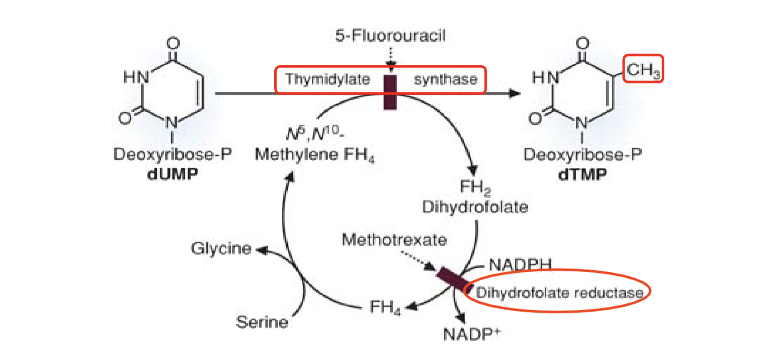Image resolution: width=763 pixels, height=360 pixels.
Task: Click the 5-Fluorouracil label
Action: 390,35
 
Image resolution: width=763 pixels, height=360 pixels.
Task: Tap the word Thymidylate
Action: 328,79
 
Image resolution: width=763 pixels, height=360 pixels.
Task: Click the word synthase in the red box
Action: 445,79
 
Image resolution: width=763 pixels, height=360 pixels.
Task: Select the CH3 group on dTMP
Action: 643,69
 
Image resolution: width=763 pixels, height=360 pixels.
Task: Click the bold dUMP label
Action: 172,174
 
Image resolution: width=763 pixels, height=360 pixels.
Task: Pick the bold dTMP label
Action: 582,174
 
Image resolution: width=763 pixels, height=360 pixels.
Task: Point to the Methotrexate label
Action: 394,239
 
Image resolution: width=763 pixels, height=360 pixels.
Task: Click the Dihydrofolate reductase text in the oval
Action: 559,293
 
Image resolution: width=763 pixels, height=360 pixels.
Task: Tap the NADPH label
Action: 520,264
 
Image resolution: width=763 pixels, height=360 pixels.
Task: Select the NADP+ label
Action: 471,334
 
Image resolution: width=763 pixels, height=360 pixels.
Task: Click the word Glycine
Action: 221,248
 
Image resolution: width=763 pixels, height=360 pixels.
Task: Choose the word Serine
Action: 262,322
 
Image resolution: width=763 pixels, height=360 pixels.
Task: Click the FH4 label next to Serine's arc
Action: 385,307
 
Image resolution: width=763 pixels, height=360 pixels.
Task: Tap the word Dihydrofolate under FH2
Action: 475,207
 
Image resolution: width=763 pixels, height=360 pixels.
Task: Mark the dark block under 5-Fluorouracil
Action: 390,92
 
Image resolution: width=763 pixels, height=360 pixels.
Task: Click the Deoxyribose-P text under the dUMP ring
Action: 172,154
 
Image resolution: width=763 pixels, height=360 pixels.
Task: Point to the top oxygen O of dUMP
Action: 173,43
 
